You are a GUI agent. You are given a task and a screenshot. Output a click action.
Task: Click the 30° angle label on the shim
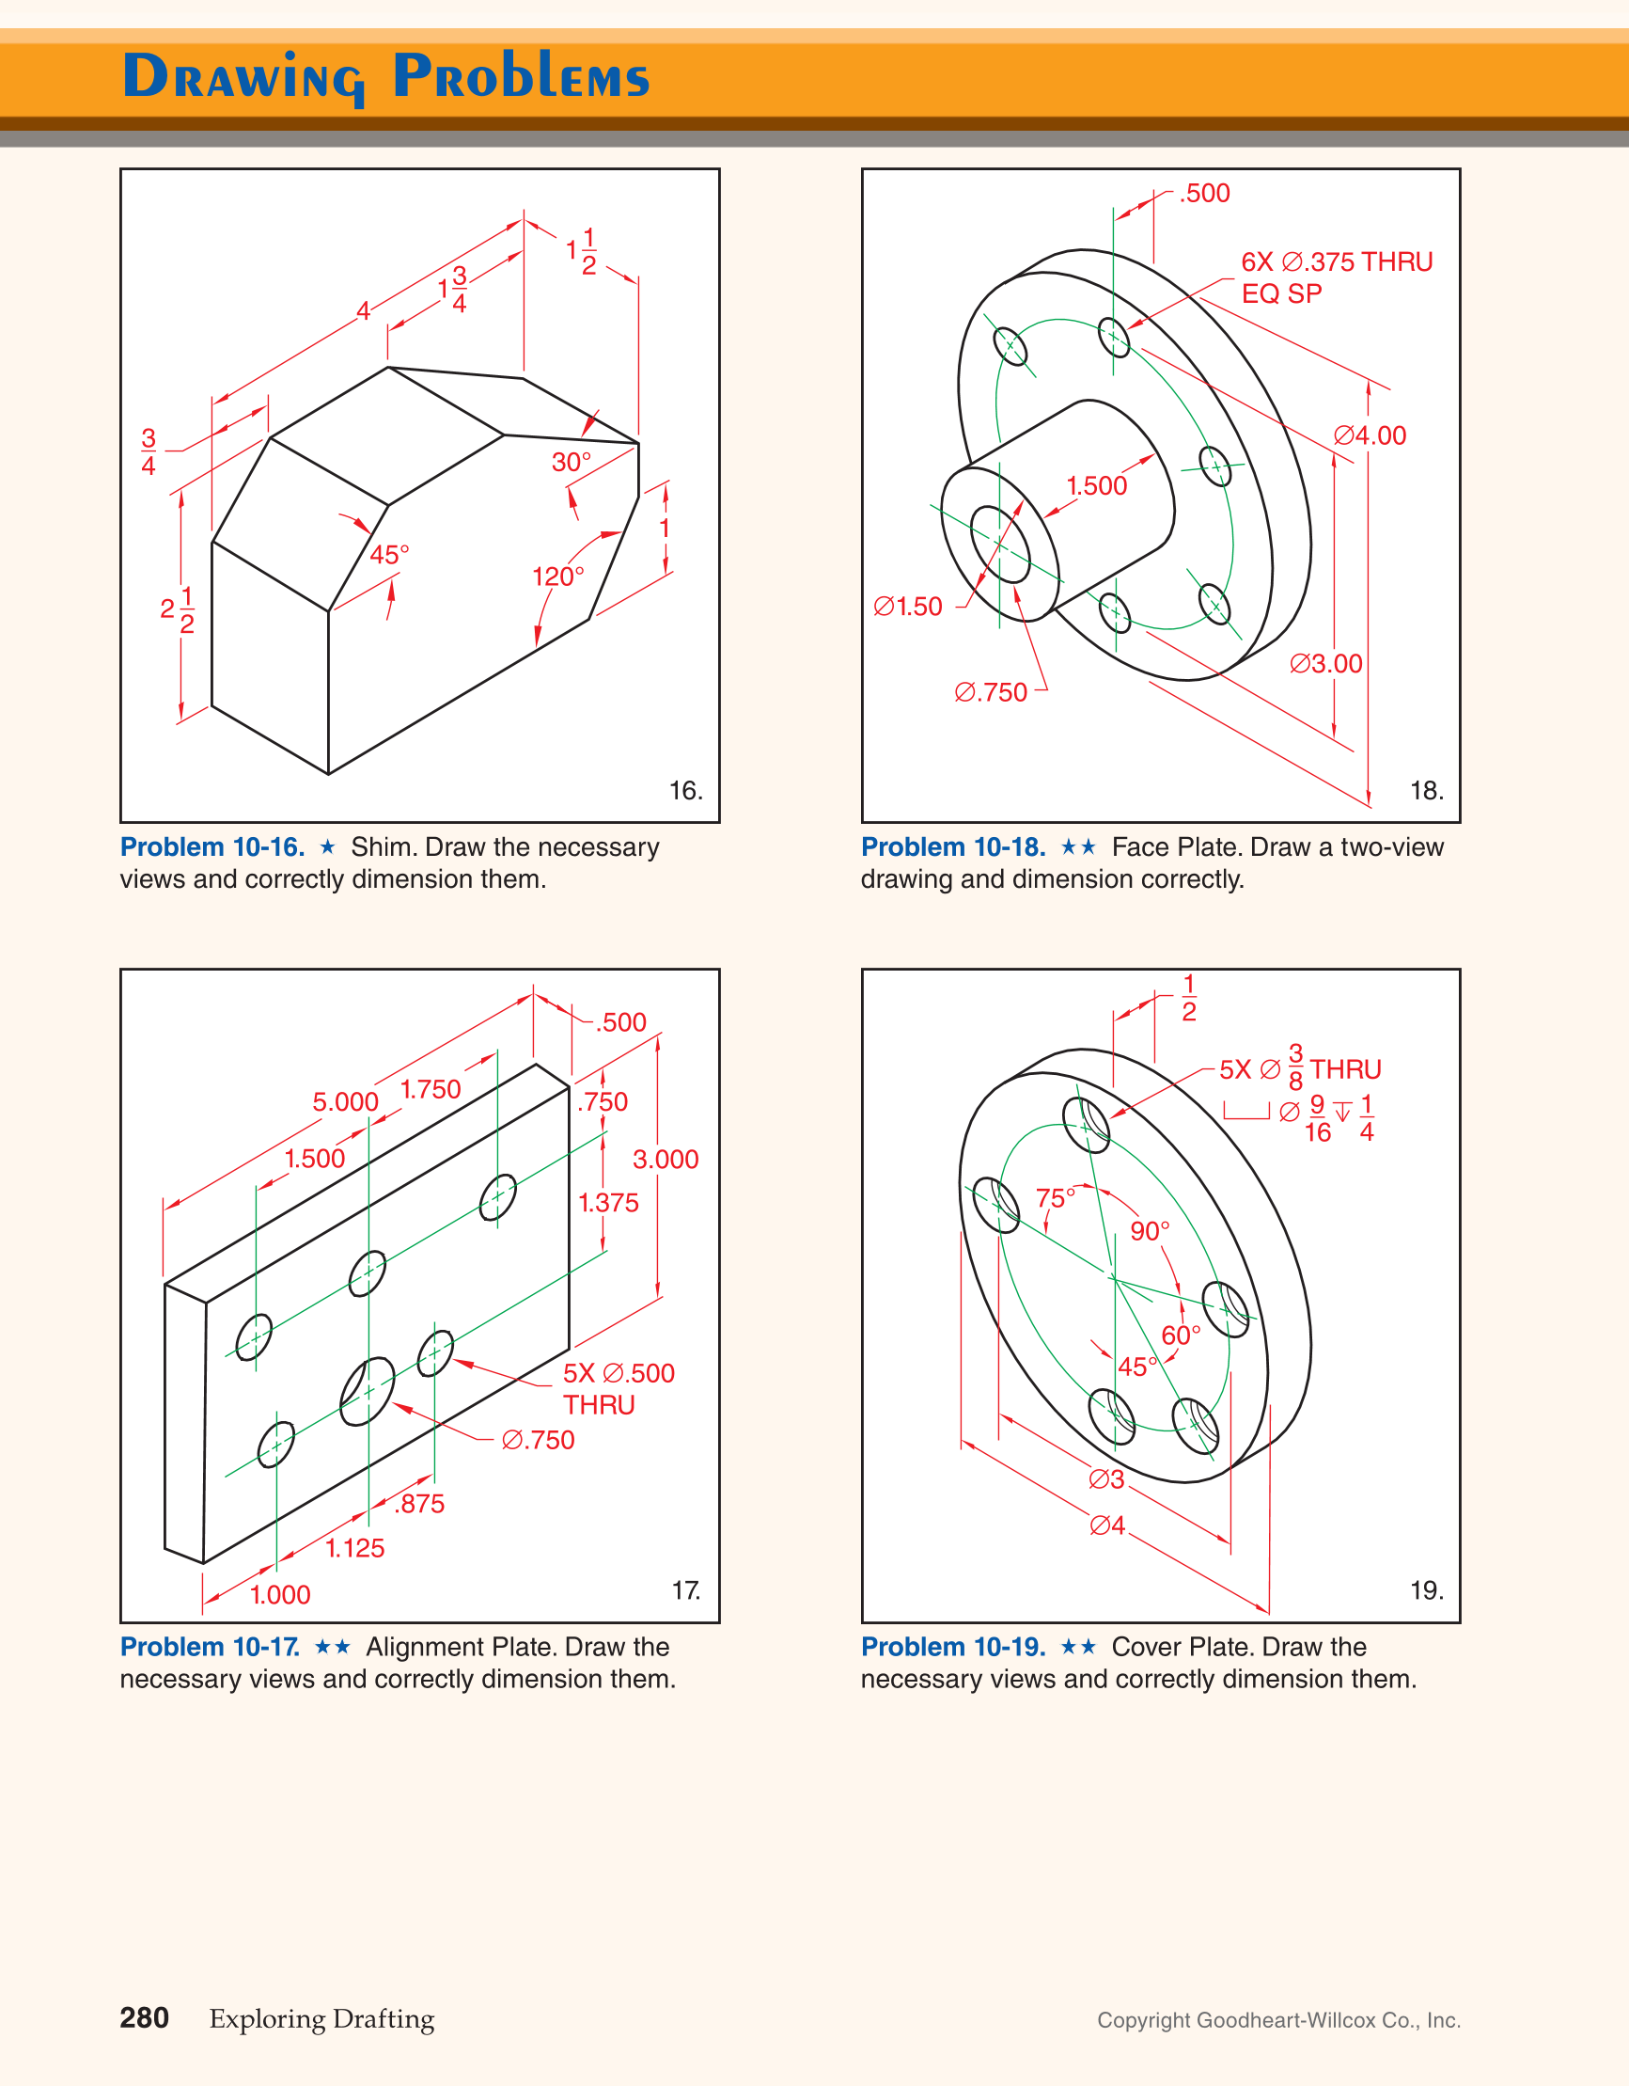571,463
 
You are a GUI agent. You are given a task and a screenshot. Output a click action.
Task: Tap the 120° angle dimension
557,577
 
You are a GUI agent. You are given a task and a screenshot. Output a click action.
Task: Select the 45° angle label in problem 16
388,555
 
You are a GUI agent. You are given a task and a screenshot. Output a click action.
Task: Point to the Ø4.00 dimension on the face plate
1370,435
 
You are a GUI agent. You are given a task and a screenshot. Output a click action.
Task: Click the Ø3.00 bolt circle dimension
1325,664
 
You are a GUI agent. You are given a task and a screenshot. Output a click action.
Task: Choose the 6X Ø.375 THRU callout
1336,262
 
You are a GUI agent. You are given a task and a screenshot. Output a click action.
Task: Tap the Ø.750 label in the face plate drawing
990,692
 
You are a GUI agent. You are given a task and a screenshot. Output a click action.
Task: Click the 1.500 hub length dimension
1096,486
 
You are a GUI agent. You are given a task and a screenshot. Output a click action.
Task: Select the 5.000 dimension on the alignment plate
345,1102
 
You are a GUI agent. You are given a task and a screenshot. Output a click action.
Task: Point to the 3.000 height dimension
665,1160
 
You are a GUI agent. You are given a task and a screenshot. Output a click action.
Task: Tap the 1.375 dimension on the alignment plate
607,1204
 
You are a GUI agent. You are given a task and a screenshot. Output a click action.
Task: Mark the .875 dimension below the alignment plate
419,1505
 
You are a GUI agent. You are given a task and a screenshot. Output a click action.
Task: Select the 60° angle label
1181,1335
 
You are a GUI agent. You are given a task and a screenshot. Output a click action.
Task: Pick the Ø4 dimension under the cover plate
1106,1525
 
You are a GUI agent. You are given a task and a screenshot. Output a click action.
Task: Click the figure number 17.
685,1590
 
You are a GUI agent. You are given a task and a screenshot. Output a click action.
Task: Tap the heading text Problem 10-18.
952,847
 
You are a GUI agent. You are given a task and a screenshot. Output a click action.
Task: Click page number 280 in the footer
144,2018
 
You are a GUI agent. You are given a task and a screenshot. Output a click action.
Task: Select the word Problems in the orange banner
521,76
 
